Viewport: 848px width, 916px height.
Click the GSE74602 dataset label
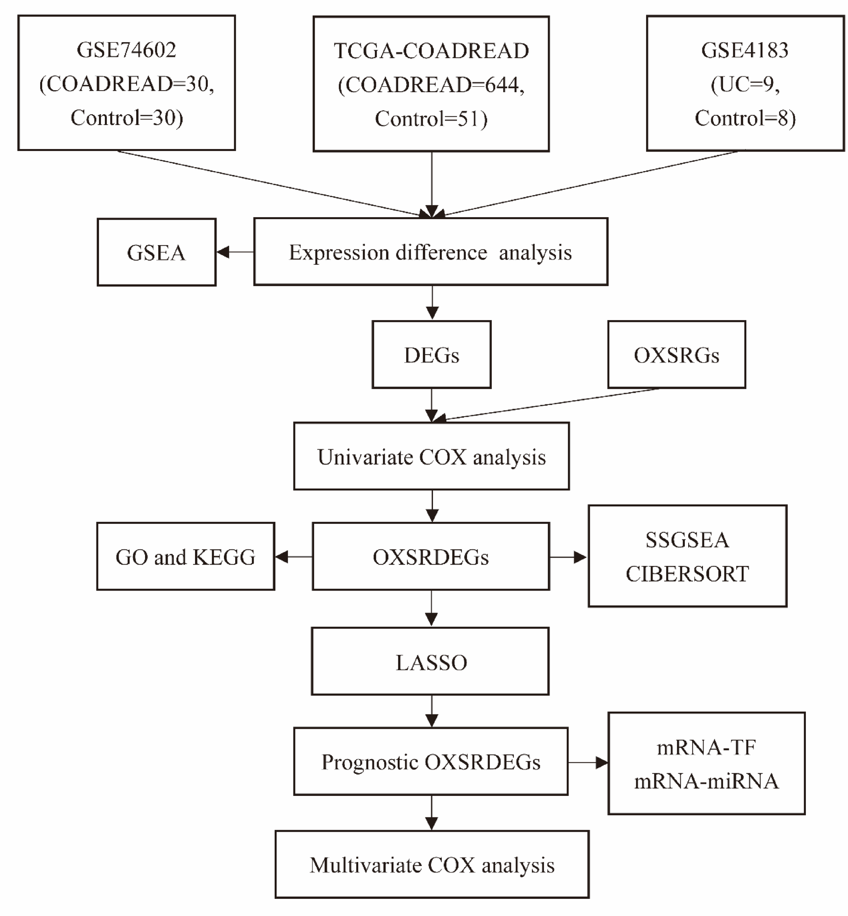126,50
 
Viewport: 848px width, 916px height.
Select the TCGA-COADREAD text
431,51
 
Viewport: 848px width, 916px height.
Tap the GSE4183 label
745,50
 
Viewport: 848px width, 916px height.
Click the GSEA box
156,252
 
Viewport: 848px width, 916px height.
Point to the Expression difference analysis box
431,252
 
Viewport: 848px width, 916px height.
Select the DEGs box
431,355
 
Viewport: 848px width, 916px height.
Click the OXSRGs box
677,355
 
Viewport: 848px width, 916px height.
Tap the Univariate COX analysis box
431,456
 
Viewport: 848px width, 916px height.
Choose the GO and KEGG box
185,557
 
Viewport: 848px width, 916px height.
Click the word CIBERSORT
687,574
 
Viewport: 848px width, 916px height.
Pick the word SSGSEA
687,540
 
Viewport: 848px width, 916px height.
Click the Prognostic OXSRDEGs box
431,762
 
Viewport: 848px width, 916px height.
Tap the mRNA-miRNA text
706,781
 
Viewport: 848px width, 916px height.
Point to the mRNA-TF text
706,747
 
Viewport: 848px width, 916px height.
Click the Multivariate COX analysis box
432,865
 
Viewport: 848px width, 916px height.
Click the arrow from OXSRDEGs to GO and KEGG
293,557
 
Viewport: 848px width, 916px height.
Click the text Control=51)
431,119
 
